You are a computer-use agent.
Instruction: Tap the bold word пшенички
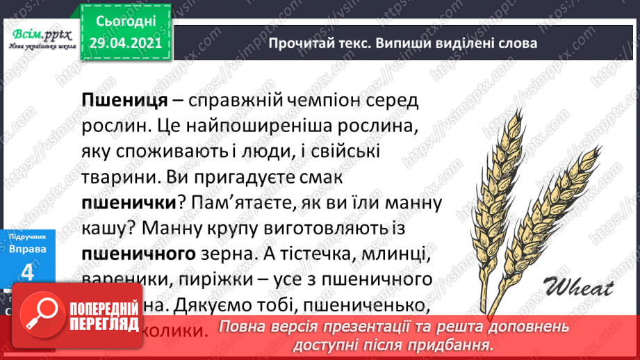(x=126, y=204)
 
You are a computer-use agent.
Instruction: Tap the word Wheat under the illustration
(x=575, y=286)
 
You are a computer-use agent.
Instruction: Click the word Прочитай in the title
(x=300, y=43)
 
